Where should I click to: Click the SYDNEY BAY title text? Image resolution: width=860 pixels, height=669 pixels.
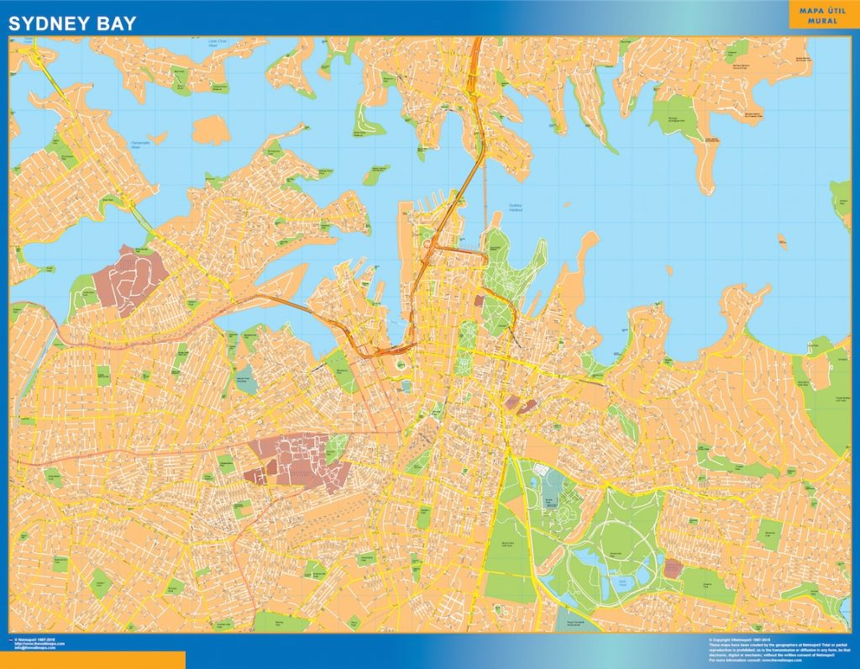tap(71, 24)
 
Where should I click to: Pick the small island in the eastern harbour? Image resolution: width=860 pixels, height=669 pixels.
tap(783, 242)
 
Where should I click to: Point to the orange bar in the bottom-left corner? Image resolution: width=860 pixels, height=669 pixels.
tap(92, 660)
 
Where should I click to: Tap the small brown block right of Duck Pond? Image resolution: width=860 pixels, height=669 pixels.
tap(673, 568)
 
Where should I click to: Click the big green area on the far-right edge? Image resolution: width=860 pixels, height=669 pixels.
tap(827, 395)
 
